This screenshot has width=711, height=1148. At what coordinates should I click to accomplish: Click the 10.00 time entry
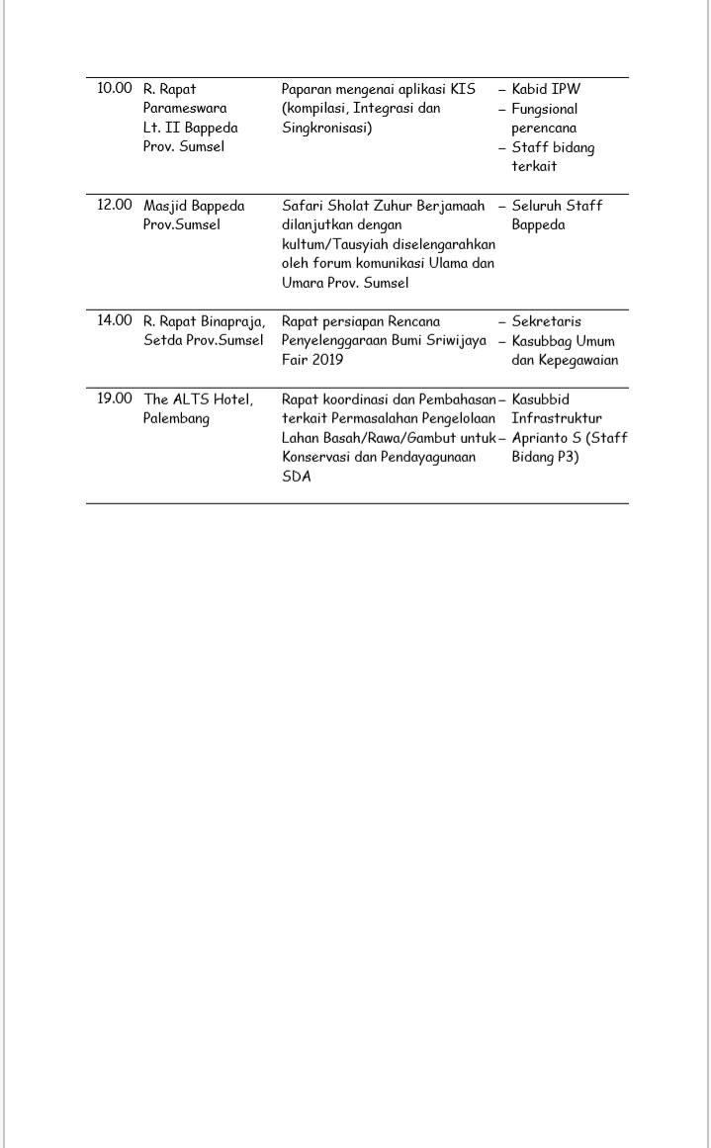[x=114, y=89]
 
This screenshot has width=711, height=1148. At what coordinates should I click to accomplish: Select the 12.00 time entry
[x=114, y=206]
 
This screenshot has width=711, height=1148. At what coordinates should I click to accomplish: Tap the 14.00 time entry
[x=114, y=321]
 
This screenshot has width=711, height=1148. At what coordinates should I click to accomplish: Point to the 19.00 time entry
[x=114, y=399]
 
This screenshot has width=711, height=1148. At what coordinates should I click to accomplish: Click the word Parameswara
[x=185, y=109]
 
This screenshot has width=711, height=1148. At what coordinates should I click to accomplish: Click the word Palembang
[x=176, y=419]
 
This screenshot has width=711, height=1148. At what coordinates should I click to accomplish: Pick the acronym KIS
[x=463, y=89]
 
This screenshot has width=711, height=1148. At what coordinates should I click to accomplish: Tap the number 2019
[x=324, y=360]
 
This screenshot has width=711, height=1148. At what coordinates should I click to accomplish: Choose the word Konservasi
[x=314, y=458]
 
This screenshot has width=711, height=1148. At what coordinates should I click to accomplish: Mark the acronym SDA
[x=296, y=477]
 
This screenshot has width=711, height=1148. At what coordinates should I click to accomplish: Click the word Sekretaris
[x=546, y=321]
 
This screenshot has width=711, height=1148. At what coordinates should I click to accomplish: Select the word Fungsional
[x=544, y=109]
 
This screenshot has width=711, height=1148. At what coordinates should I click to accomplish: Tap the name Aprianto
[x=541, y=438]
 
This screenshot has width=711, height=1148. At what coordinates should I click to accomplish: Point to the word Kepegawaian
[x=578, y=360]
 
